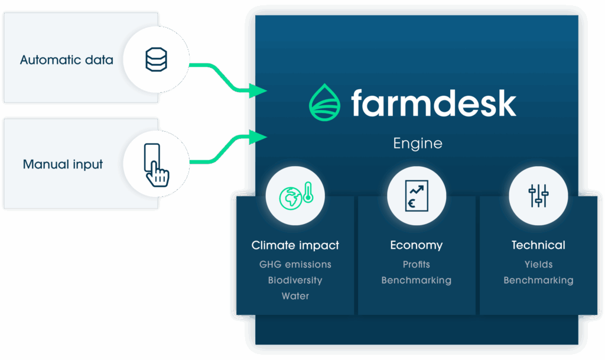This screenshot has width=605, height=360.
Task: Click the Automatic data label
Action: pos(66,60)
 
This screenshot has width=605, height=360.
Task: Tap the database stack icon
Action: pos(156,60)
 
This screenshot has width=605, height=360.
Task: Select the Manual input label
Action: pos(63,164)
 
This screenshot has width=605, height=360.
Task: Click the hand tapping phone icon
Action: pos(156,165)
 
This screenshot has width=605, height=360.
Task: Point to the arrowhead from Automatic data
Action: pos(258,90)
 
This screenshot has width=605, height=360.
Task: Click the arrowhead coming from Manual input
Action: pos(258,137)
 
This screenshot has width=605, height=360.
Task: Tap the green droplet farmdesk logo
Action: pos(324,102)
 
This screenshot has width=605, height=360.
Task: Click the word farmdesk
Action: pos(434,103)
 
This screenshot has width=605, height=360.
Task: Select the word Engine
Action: pos(418,144)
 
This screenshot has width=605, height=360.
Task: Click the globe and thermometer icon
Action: pos(296,196)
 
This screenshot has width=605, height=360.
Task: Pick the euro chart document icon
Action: pos(417,196)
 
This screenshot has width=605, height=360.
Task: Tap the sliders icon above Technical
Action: pos(538,196)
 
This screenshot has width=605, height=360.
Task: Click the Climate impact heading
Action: pos(295,245)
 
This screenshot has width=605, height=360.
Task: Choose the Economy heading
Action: pos(417,245)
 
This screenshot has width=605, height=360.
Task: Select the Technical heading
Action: pos(538,245)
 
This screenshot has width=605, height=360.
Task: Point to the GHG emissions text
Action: pos(295,264)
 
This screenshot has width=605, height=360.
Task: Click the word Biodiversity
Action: pos(295,281)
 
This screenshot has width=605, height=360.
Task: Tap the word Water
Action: pos(295,296)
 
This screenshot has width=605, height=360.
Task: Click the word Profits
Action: pos(417,264)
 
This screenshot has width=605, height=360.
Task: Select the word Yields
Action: pos(538,264)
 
